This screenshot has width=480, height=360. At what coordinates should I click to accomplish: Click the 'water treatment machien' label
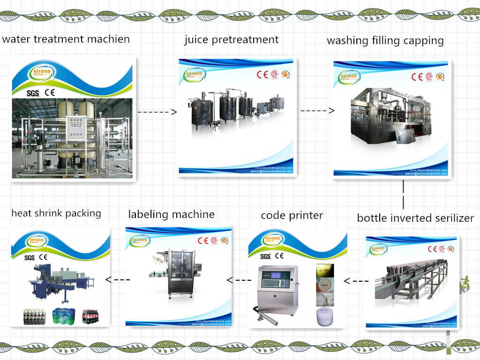[66, 39]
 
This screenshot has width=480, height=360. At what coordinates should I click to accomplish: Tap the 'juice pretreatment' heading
[231, 39]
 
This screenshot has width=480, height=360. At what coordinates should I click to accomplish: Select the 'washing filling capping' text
[385, 40]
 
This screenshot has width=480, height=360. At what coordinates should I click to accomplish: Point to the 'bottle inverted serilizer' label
[415, 218]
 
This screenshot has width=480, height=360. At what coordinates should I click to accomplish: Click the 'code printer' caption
[292, 216]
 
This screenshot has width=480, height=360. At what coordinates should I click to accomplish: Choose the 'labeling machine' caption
[171, 215]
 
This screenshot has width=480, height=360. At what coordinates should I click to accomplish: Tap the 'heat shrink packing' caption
[56, 213]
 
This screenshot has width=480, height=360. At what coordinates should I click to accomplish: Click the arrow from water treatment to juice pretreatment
[157, 112]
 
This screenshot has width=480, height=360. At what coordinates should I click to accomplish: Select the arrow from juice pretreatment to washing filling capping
[317, 111]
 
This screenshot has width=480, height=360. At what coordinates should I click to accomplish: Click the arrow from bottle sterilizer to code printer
[355, 281]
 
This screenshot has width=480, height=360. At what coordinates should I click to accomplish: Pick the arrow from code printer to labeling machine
[239, 280]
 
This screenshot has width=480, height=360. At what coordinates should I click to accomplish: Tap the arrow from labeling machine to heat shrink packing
[117, 280]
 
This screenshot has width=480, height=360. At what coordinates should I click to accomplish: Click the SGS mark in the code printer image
[265, 256]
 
